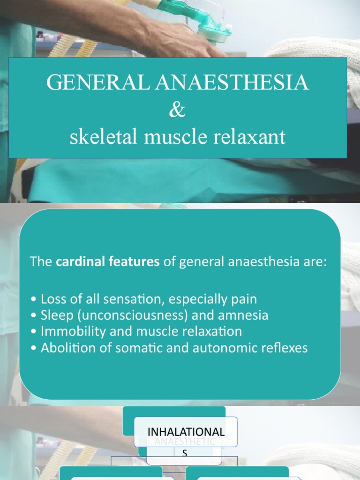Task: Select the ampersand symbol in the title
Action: pos(178,111)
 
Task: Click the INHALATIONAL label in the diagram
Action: pos(186,432)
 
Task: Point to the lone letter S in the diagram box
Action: pos(185,453)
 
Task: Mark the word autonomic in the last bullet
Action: pos(228,348)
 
